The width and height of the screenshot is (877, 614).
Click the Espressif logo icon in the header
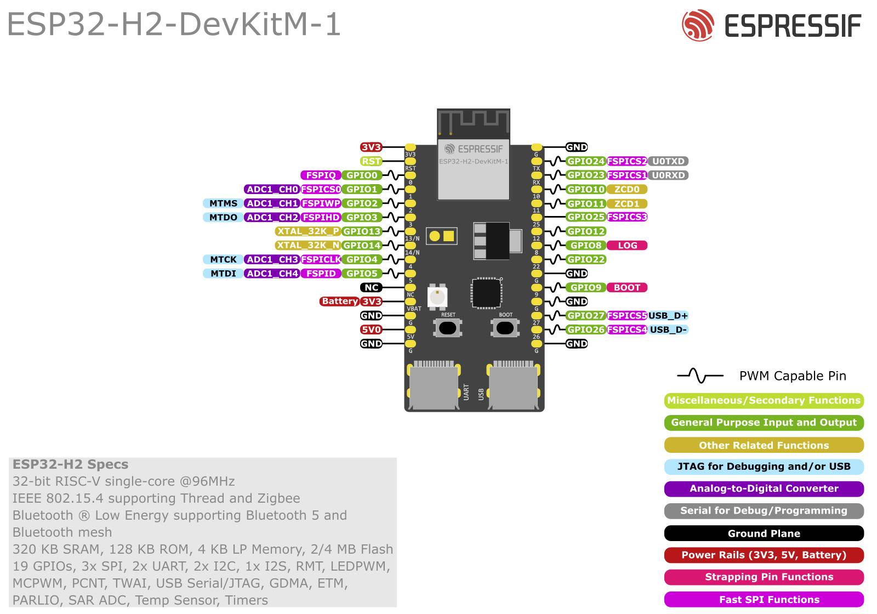coord(697,25)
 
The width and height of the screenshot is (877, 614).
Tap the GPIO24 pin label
coord(585,161)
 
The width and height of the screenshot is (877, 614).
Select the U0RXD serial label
coord(668,175)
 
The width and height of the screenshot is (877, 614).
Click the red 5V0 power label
coord(371,329)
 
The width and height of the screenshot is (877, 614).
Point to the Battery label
coord(339,302)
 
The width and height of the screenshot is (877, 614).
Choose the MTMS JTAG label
coord(223,203)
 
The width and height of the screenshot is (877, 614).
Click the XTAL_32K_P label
coord(307,231)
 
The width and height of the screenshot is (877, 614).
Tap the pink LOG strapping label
coord(627,246)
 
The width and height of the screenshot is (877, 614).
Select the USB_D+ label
coord(668,316)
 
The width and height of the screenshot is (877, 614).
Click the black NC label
coord(371,287)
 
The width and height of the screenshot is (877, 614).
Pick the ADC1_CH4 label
coord(272,274)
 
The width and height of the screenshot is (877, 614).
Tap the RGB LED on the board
coord(437,297)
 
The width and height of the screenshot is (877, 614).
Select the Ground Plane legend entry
coord(764,533)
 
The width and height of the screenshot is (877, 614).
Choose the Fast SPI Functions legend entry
coord(764,599)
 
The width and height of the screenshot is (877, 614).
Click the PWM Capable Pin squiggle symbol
coord(700,376)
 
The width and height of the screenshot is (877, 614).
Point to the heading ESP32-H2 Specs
coord(70,464)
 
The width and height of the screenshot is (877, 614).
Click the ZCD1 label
coord(627,203)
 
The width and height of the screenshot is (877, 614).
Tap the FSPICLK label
coord(321,259)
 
